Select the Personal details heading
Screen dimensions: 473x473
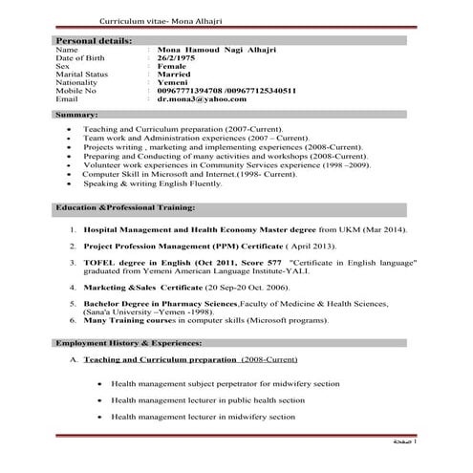(95, 43)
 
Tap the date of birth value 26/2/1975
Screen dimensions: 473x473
(178, 59)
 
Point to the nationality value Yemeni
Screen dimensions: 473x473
(177, 82)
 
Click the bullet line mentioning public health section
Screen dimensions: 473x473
(208, 399)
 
